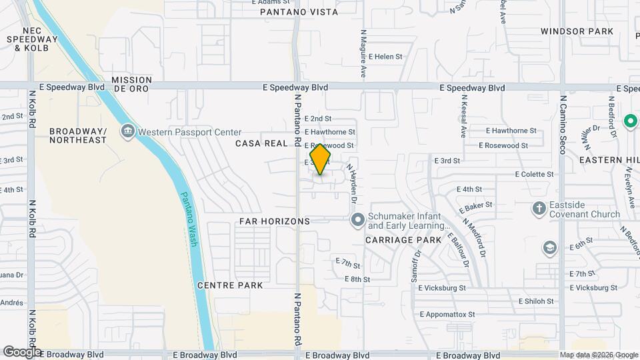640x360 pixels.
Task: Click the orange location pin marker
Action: (x=321, y=159)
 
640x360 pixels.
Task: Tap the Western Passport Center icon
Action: (x=127, y=132)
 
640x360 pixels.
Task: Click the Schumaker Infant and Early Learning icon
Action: (x=357, y=219)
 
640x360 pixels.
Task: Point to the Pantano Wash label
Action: (x=189, y=220)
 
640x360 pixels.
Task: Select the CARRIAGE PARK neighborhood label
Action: (x=403, y=239)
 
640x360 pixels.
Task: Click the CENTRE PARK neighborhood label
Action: (x=229, y=285)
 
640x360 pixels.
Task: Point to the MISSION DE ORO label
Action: (x=132, y=84)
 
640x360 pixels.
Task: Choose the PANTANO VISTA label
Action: (x=299, y=12)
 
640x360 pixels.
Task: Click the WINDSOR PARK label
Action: (x=577, y=31)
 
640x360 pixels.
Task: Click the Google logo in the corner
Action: (x=22, y=351)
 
